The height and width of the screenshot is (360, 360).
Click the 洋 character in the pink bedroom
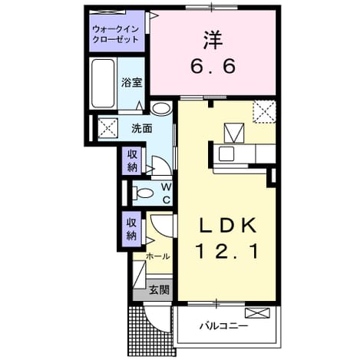[x=213, y=40]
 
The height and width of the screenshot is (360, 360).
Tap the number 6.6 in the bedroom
[x=213, y=67]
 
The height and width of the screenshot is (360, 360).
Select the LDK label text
[x=227, y=226]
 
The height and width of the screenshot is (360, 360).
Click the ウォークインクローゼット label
[x=116, y=35]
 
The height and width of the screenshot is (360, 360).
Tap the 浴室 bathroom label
[x=131, y=82]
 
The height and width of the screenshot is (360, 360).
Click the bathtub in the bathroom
[x=103, y=84]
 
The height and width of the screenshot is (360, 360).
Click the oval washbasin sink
[x=160, y=108]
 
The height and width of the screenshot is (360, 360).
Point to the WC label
[x=167, y=193]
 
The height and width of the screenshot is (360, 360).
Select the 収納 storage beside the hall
[x=132, y=230]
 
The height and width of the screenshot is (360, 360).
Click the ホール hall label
[x=157, y=256]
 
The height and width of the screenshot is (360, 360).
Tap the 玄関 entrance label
[x=160, y=290]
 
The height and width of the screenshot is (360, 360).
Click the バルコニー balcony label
[x=224, y=326]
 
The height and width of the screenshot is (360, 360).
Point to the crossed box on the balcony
[x=257, y=313]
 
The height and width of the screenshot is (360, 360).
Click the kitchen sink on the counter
[x=226, y=154]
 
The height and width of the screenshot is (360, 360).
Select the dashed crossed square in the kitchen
[x=264, y=111]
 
